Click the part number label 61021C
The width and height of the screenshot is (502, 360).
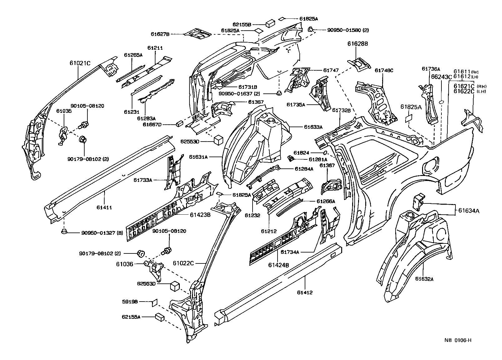tap(80, 63)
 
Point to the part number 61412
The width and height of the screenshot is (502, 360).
tap(305, 292)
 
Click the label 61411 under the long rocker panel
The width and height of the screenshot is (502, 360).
tap(104, 207)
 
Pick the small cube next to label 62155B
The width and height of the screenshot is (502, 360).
tap(270, 24)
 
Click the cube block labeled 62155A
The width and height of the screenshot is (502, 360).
tap(160, 317)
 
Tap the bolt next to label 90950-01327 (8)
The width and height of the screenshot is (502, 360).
tap(64, 232)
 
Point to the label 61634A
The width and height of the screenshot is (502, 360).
tap(469, 211)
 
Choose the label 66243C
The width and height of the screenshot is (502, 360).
tap(441, 77)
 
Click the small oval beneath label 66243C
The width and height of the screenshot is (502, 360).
tap(441, 102)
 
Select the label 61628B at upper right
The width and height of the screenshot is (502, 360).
tap(357, 44)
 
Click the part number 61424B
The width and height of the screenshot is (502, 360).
tap(278, 265)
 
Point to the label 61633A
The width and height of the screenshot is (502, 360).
tap(313, 127)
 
